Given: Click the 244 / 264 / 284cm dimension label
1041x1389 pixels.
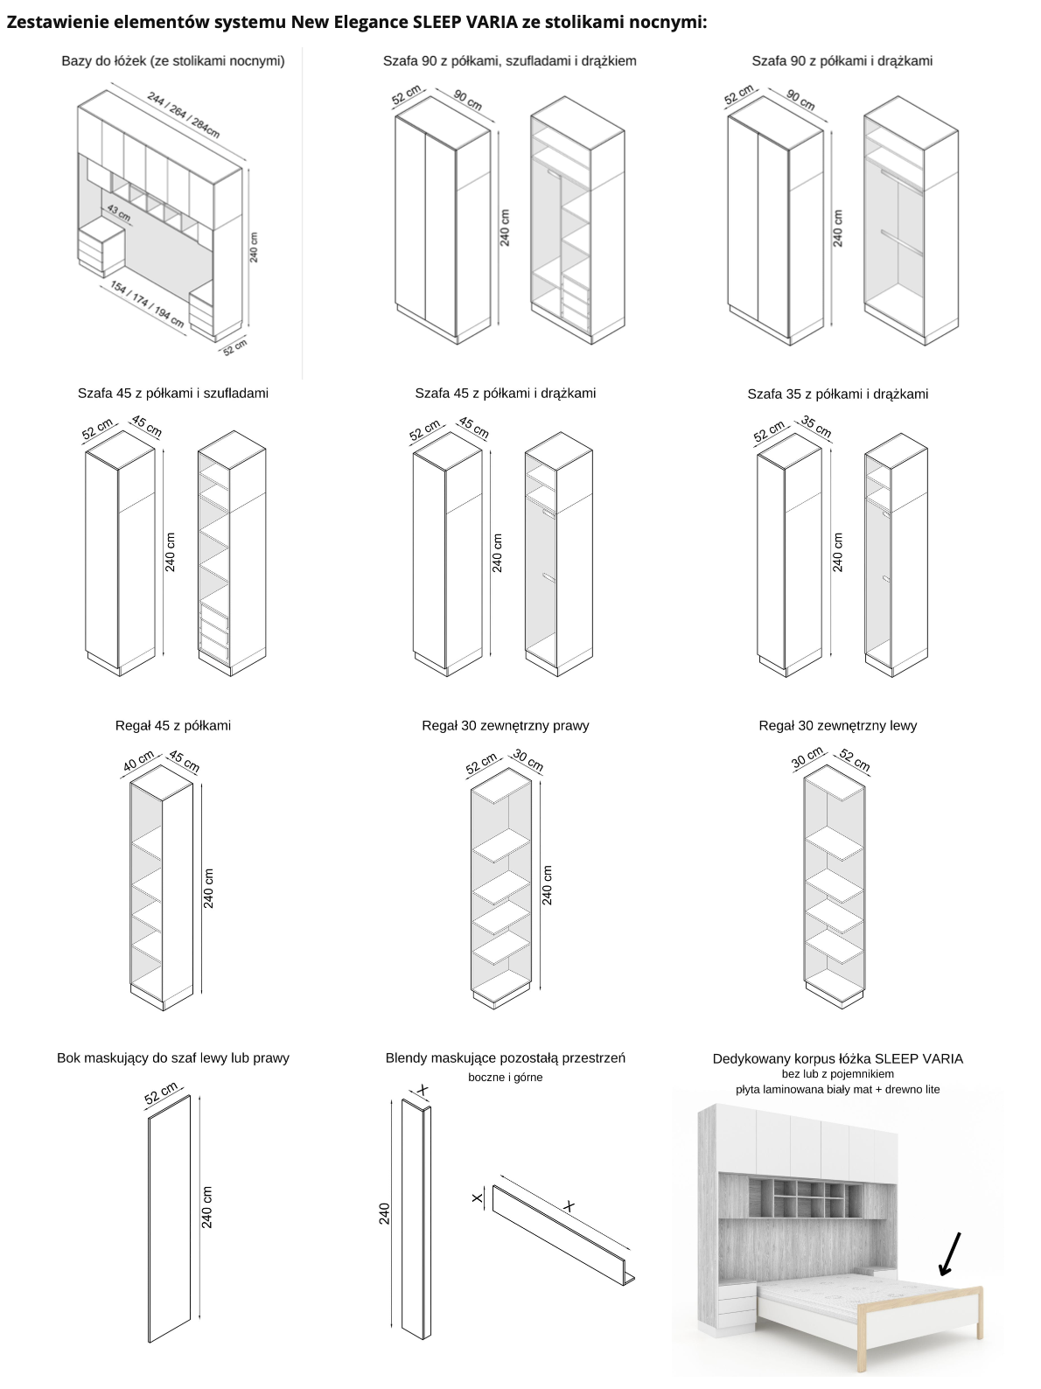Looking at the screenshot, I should point(183,115).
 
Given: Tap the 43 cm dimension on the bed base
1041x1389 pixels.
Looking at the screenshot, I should point(118,213).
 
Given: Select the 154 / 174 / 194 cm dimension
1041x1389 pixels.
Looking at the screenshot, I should point(147,305).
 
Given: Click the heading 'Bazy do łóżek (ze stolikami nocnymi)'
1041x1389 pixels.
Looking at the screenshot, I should point(173,61).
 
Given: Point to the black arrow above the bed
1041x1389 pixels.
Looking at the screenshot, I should point(949,1253).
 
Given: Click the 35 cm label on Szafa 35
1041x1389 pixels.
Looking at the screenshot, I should point(815,427).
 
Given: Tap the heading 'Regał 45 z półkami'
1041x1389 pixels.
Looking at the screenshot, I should point(173,725).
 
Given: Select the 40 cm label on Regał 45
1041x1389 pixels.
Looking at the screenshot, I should point(139,761).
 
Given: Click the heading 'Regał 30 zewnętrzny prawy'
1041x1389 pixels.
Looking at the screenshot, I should point(506,725).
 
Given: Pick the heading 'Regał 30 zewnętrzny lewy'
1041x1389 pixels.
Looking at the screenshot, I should point(838,725).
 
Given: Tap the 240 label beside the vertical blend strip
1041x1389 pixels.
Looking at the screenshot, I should point(384,1213).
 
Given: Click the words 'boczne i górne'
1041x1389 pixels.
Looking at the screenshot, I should point(506,1078).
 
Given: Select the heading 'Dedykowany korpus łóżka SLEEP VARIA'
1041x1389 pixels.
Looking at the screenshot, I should point(838,1058).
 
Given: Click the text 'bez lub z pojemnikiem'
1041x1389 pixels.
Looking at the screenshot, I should point(838,1074).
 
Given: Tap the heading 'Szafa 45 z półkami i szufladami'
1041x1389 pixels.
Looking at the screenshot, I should point(173,393).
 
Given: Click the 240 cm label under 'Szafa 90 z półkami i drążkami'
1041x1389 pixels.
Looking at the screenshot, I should point(838,228).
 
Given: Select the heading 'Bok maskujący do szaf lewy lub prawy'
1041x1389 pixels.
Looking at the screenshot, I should point(173,1057).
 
